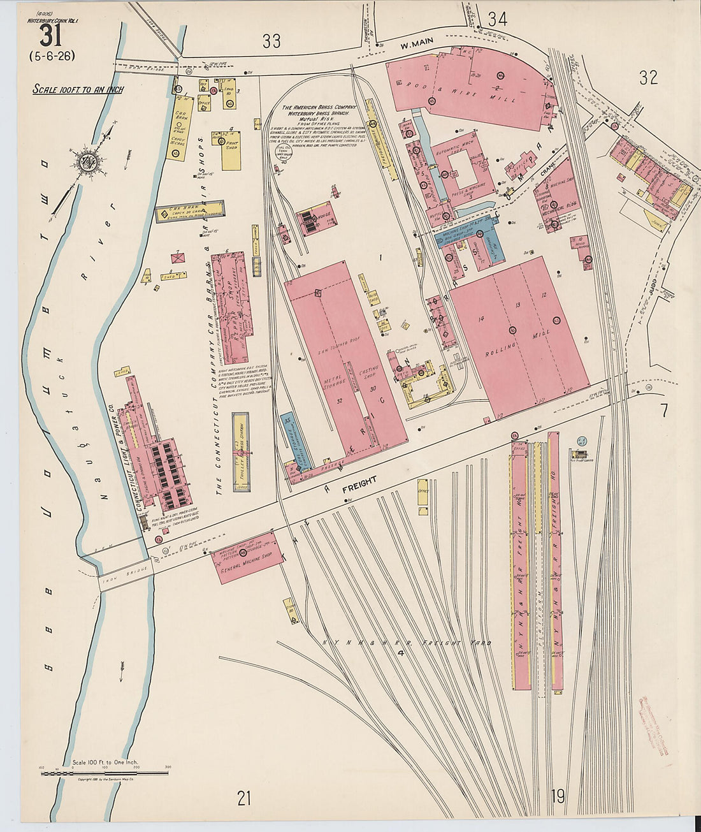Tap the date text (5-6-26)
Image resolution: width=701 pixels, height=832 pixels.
click(52, 55)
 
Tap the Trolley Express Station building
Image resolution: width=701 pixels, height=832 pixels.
click(241, 451)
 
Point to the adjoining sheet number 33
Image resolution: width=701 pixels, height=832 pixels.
click(272, 41)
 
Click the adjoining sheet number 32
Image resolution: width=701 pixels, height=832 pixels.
click(648, 78)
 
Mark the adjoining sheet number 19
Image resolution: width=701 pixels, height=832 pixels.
click(558, 796)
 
